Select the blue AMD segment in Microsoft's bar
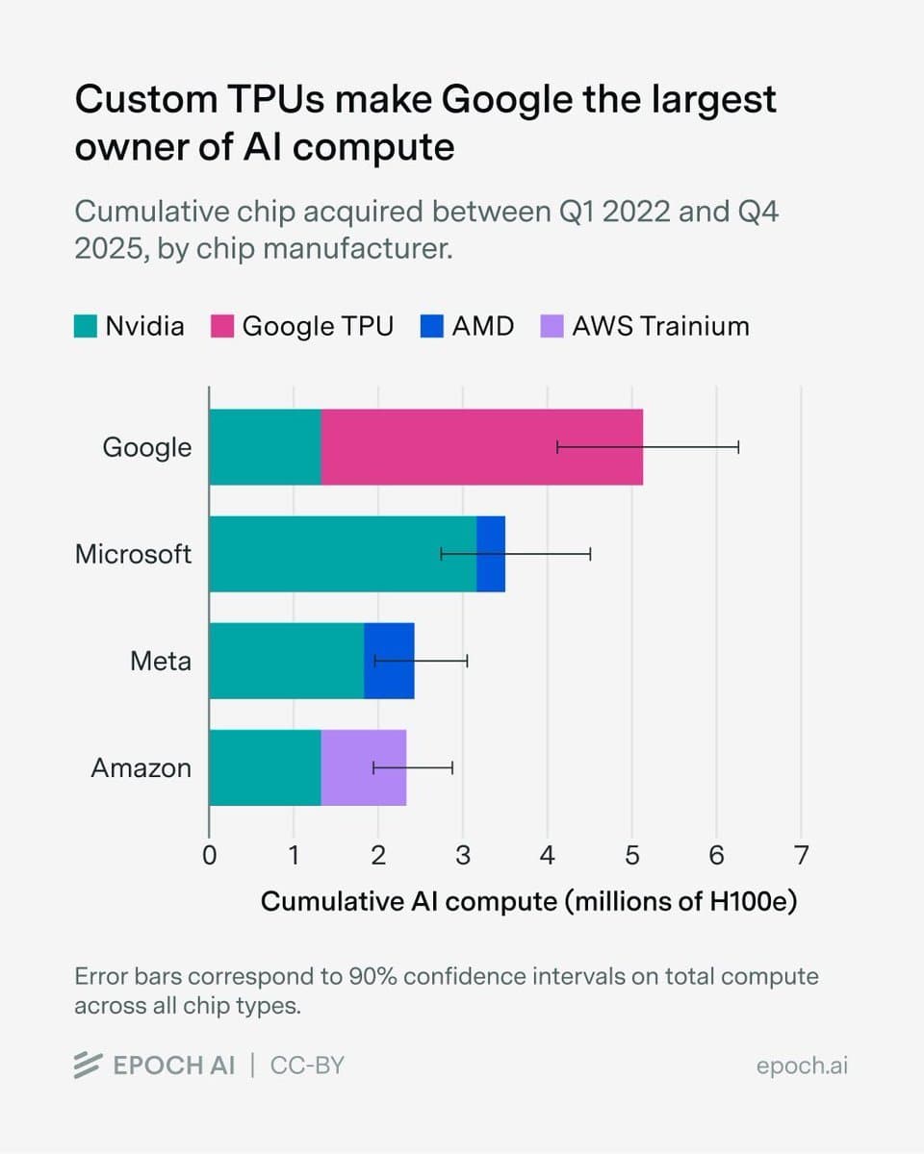pos(491,554)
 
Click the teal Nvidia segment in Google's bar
pos(265,447)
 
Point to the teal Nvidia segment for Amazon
pos(265,767)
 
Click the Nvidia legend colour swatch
pos(86,326)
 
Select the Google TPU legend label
pos(318,326)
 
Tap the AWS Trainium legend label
pos(660,326)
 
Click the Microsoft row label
pos(133,554)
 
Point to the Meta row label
pos(161,661)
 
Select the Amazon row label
pos(141,767)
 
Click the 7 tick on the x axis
pos(801,855)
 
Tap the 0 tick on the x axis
pos(209,855)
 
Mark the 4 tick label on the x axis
pos(547,855)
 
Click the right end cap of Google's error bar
pos(738,446)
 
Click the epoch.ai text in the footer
pos(802,1066)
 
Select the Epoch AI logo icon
pos(89,1066)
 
